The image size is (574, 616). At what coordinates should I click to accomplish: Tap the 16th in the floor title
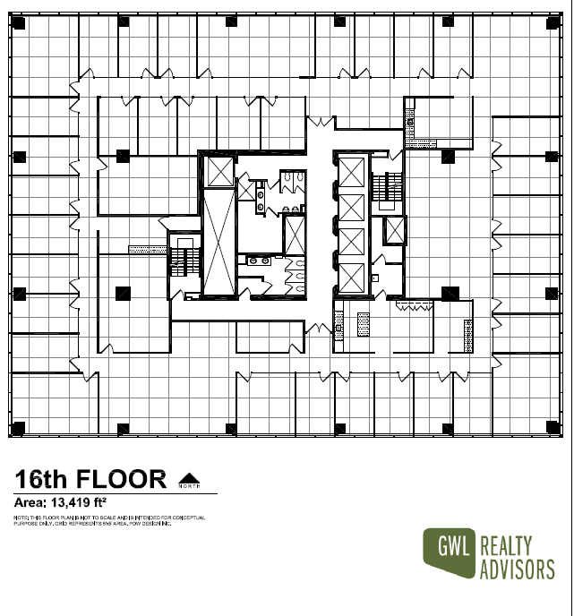[x=45, y=479]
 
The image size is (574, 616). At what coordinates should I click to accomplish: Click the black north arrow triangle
[x=188, y=477]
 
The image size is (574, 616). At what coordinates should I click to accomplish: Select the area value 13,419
[x=80, y=501]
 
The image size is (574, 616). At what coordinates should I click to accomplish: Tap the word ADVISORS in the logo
[x=518, y=569]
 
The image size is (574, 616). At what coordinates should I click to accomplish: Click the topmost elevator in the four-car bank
[x=352, y=171]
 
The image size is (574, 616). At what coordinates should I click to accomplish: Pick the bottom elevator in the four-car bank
[x=352, y=278]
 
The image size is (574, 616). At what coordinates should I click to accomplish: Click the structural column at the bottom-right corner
[x=552, y=428]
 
